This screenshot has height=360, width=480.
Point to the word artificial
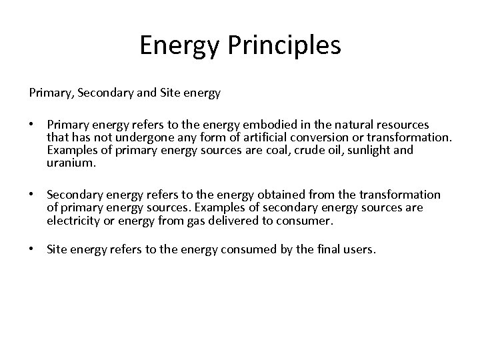pyautogui.click(x=305, y=137)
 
